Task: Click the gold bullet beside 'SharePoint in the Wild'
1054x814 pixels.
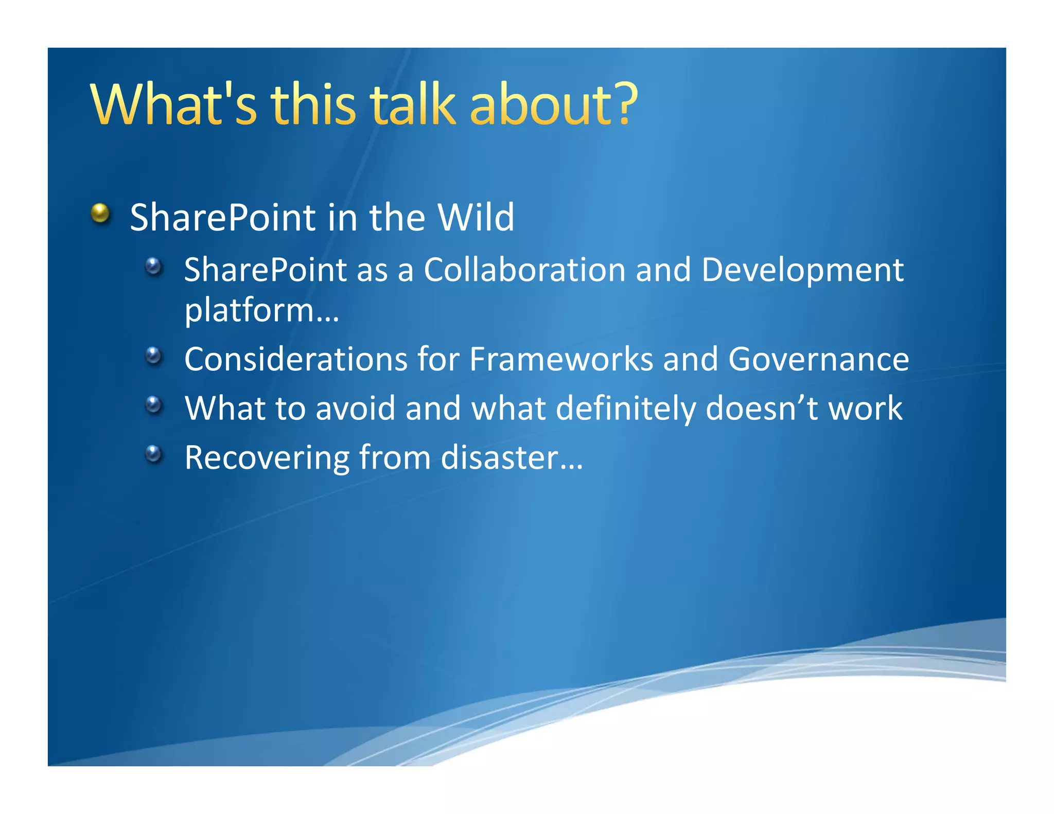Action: pos(101,213)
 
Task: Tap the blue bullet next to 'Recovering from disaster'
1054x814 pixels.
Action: pos(153,454)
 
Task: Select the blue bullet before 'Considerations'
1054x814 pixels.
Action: pos(153,356)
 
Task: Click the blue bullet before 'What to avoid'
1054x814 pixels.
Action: pos(153,405)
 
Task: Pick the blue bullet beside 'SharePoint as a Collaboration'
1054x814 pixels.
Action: pos(153,267)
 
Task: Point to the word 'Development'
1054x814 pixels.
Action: pos(802,271)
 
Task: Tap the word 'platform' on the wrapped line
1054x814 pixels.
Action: pos(249,311)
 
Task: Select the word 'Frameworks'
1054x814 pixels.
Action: pos(561,359)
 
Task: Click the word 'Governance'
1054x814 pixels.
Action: pos(818,359)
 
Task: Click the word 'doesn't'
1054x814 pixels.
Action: pos(762,409)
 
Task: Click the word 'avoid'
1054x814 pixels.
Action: pos(355,409)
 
